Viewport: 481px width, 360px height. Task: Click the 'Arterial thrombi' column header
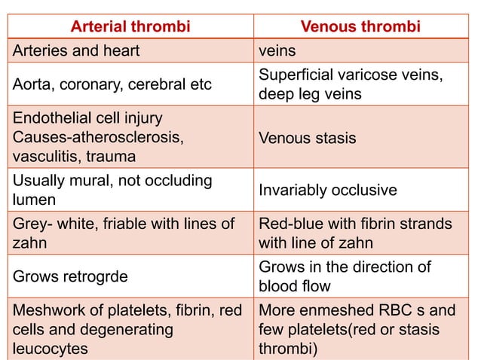130,28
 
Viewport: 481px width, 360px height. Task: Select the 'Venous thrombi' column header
360,28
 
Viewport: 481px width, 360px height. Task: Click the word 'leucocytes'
50,348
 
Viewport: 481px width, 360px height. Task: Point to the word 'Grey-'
32,224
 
